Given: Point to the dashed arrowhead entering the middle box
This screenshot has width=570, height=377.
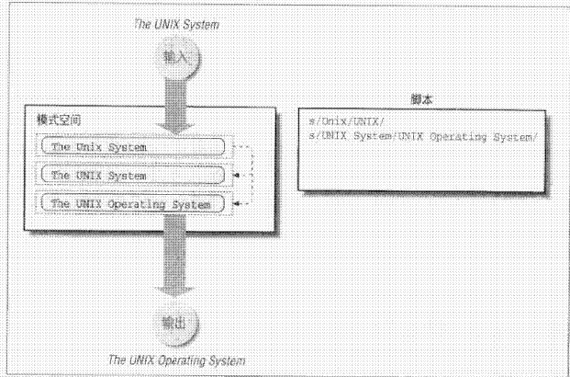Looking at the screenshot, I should pyautogui.click(x=232, y=174).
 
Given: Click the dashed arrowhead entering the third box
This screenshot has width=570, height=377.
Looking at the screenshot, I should pyautogui.click(x=232, y=202).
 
